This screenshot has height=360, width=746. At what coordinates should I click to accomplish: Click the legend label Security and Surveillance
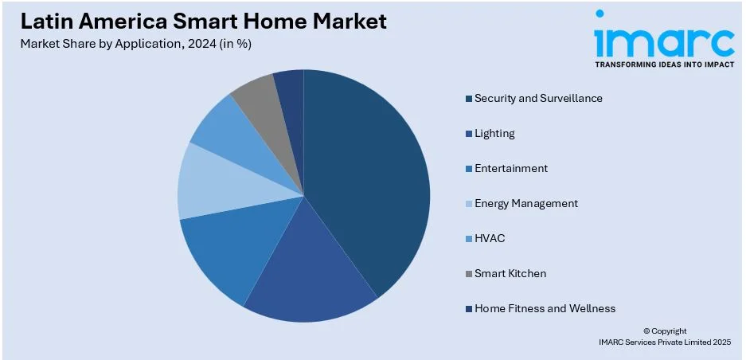pos(538,98)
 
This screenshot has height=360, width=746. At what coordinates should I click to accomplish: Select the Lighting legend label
pos(494,133)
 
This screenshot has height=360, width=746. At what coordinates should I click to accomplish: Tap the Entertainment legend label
pos(511,168)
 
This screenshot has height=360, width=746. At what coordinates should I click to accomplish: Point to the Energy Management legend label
pos(526,203)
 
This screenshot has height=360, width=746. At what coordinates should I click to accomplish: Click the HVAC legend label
pos(490,238)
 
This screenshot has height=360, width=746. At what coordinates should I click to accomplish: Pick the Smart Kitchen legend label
pos(510,273)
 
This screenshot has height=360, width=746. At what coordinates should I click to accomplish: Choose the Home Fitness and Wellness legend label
pos(545,308)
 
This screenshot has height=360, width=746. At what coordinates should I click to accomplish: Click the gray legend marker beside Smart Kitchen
pos(469,274)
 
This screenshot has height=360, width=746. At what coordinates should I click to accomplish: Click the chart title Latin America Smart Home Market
pos(205,22)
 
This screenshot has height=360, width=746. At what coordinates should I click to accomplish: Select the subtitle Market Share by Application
pos(137,44)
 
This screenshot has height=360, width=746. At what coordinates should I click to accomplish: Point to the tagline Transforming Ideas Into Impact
pos(664,64)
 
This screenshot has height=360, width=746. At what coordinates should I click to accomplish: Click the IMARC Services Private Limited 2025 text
pos(664,342)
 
